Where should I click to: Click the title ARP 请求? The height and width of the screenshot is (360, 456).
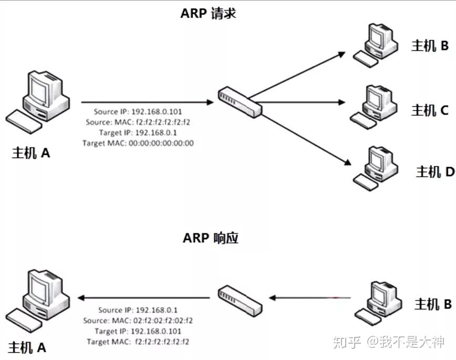click(x=209, y=13)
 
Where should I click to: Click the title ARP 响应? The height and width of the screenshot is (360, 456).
click(x=211, y=238)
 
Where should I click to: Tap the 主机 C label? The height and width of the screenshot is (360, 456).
click(x=429, y=110)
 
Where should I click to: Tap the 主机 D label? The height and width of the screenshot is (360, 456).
click(x=434, y=171)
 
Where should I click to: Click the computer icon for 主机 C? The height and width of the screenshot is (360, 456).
click(x=375, y=105)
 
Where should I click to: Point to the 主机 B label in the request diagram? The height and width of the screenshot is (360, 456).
click(x=429, y=46)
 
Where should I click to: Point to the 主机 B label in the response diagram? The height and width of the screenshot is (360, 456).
click(x=432, y=304)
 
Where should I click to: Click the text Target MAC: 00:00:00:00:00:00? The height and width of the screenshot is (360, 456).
click(x=138, y=142)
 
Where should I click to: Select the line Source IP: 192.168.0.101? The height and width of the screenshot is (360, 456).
click(x=138, y=111)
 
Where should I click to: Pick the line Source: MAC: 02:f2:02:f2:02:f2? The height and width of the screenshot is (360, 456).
click(x=138, y=320)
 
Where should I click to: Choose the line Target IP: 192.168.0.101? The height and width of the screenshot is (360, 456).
click(x=138, y=331)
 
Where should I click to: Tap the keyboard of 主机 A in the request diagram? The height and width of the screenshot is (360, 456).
click(x=24, y=122)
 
